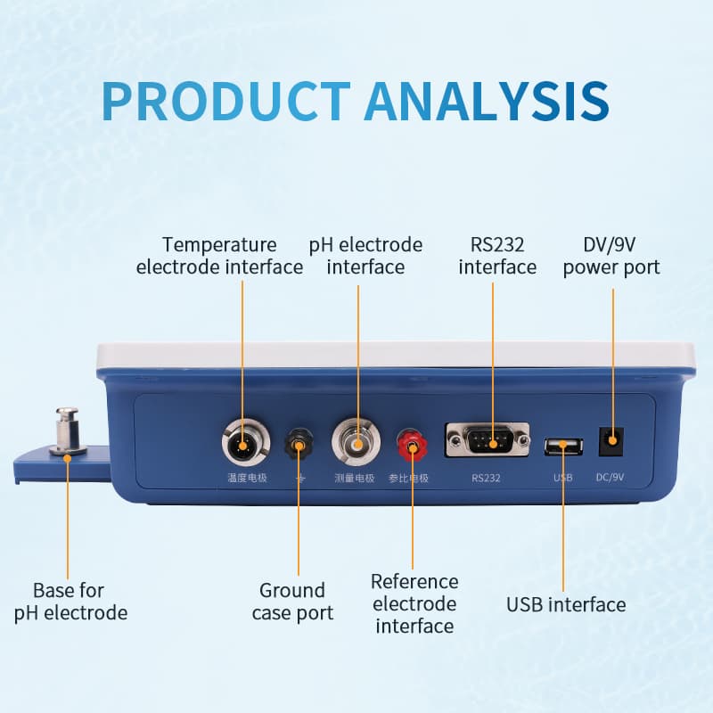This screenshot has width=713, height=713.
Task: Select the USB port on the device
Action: (562, 446)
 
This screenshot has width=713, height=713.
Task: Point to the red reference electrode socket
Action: (412, 442)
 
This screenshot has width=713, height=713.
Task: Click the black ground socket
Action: (299, 442)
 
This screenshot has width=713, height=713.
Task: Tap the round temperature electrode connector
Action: (242, 441)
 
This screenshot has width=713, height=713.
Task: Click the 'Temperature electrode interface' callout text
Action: (219, 256)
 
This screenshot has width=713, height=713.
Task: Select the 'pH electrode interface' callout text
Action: (365, 256)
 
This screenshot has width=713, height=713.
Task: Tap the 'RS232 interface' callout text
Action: (497, 256)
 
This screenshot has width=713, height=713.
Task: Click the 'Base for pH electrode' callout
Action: (70, 602)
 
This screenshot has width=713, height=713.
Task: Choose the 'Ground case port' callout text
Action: (292, 602)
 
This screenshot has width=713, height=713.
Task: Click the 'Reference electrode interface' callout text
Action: (414, 603)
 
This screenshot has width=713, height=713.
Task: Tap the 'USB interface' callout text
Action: (566, 605)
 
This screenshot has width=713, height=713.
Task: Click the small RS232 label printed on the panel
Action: (487, 478)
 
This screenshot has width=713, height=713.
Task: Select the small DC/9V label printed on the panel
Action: (610, 478)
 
